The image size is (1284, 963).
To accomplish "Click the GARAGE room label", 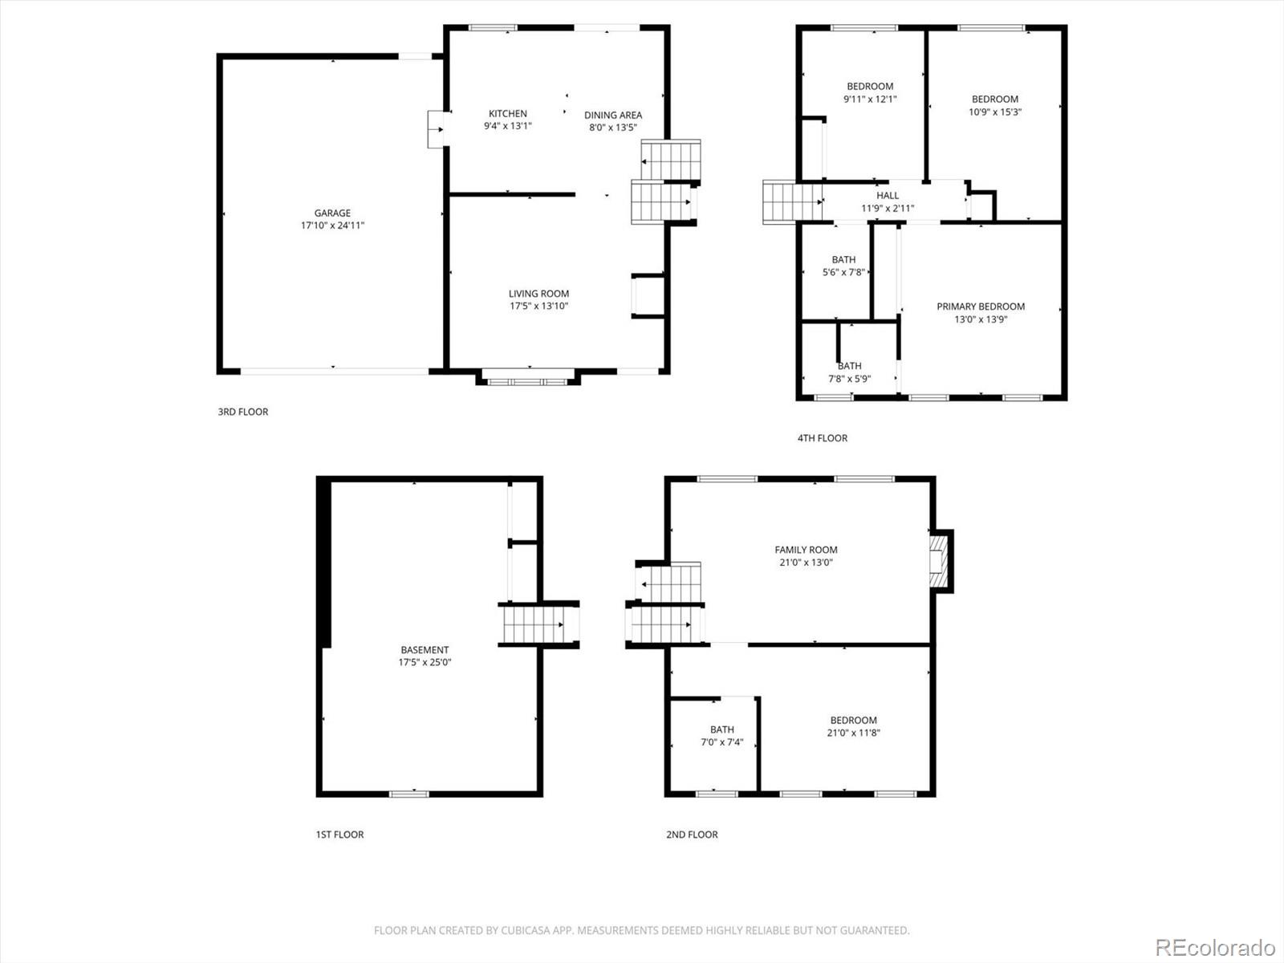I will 332,213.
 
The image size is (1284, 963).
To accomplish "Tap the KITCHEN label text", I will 508,114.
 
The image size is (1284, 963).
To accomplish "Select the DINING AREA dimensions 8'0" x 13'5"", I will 612,128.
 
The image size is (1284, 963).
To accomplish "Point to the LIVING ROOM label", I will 538,294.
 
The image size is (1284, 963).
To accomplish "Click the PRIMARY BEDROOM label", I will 980,307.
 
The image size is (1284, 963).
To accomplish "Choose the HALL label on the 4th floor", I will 888,196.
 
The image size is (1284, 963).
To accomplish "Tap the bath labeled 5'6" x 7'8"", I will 843,266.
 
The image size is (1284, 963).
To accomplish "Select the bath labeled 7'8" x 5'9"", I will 849,372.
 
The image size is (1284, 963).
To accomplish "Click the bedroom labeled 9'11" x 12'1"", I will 870,92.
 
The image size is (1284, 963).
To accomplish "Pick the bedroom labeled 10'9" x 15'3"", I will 994,105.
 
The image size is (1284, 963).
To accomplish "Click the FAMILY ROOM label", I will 806,550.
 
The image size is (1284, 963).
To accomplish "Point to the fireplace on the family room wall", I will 938,561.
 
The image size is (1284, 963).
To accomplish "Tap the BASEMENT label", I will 425,650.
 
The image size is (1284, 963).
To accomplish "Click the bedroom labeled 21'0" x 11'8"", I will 853,726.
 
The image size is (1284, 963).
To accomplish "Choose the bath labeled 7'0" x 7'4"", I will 721,736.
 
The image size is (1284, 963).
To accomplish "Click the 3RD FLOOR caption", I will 242,412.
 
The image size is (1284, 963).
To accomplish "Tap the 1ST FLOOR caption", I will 339,835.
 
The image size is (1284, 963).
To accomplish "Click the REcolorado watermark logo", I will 1215,947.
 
